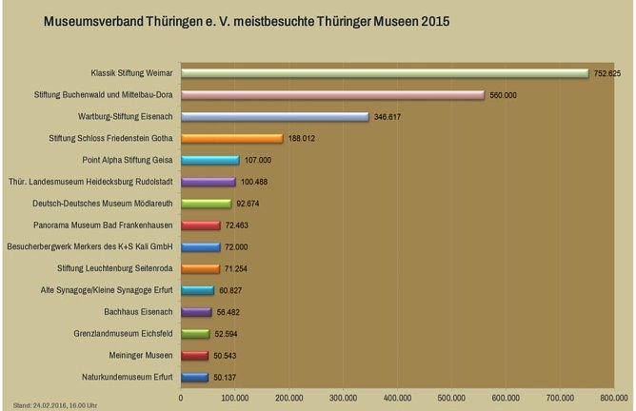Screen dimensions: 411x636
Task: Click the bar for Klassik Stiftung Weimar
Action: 386,73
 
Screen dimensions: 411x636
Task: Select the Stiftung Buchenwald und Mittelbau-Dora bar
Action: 333,95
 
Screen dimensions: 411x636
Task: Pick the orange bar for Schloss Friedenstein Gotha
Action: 232,139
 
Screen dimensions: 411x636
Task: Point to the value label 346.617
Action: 388,117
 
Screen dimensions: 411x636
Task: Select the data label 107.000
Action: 259,161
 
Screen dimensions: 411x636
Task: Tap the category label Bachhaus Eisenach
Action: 138,311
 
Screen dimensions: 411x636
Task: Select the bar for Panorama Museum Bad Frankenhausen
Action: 201,225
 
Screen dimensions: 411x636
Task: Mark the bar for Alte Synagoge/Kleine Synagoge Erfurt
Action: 198,290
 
